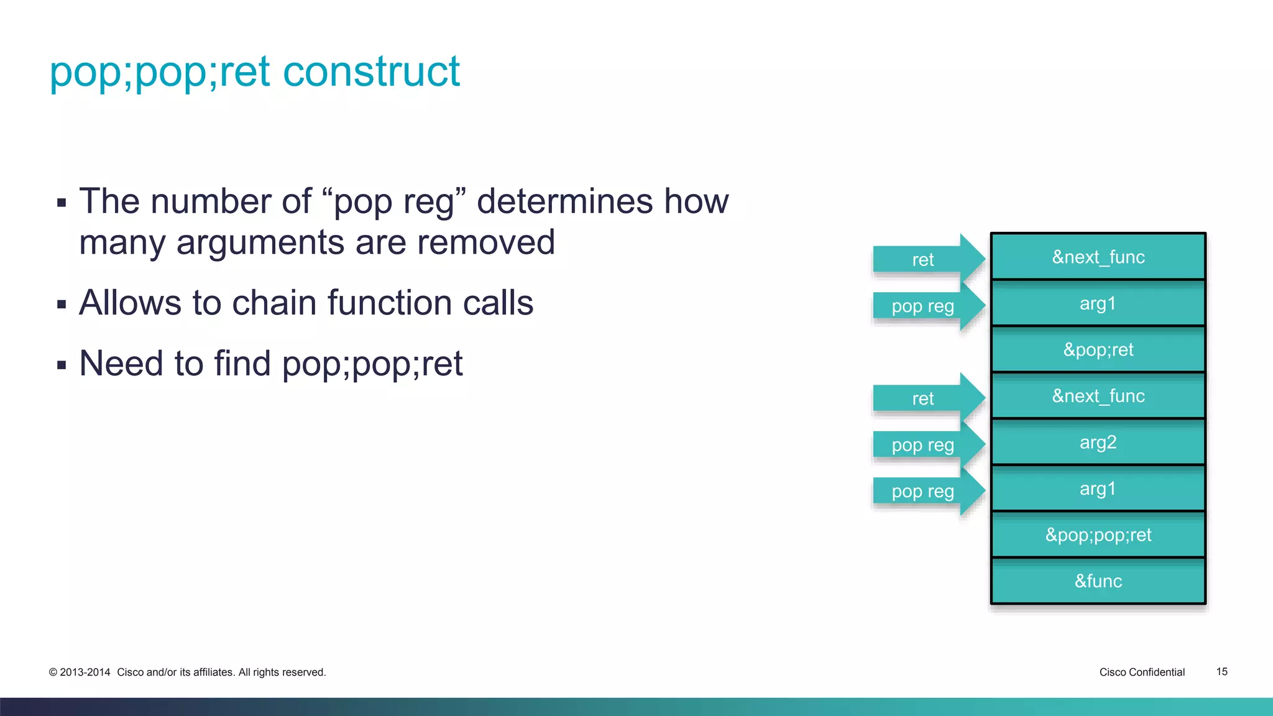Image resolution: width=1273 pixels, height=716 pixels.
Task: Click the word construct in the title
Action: point(371,71)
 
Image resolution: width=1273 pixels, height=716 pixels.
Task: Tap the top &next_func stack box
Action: point(1098,257)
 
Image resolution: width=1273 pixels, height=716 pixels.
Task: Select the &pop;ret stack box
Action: point(1098,349)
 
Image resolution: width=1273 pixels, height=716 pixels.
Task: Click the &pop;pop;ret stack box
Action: point(1098,535)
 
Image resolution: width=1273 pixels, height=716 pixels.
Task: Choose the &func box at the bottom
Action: point(1098,581)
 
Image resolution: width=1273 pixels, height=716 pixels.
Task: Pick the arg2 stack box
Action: point(1098,442)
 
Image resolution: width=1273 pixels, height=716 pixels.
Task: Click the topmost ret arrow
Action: point(924,259)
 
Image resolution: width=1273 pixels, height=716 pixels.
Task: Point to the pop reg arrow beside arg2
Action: point(924,445)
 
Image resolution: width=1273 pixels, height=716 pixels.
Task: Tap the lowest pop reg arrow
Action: point(924,491)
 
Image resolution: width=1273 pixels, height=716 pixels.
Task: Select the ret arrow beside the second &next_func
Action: point(924,398)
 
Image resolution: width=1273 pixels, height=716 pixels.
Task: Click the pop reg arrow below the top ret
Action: point(924,306)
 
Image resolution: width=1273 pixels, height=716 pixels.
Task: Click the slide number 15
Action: point(1221,672)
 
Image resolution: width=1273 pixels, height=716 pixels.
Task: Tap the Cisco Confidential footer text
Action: point(1142,672)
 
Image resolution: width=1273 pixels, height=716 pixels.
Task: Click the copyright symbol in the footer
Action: point(53,672)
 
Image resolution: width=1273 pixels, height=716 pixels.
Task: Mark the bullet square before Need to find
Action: point(62,365)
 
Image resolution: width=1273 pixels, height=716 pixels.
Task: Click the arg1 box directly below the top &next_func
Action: point(1098,303)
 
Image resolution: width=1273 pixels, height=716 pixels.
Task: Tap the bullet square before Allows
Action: point(62,305)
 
